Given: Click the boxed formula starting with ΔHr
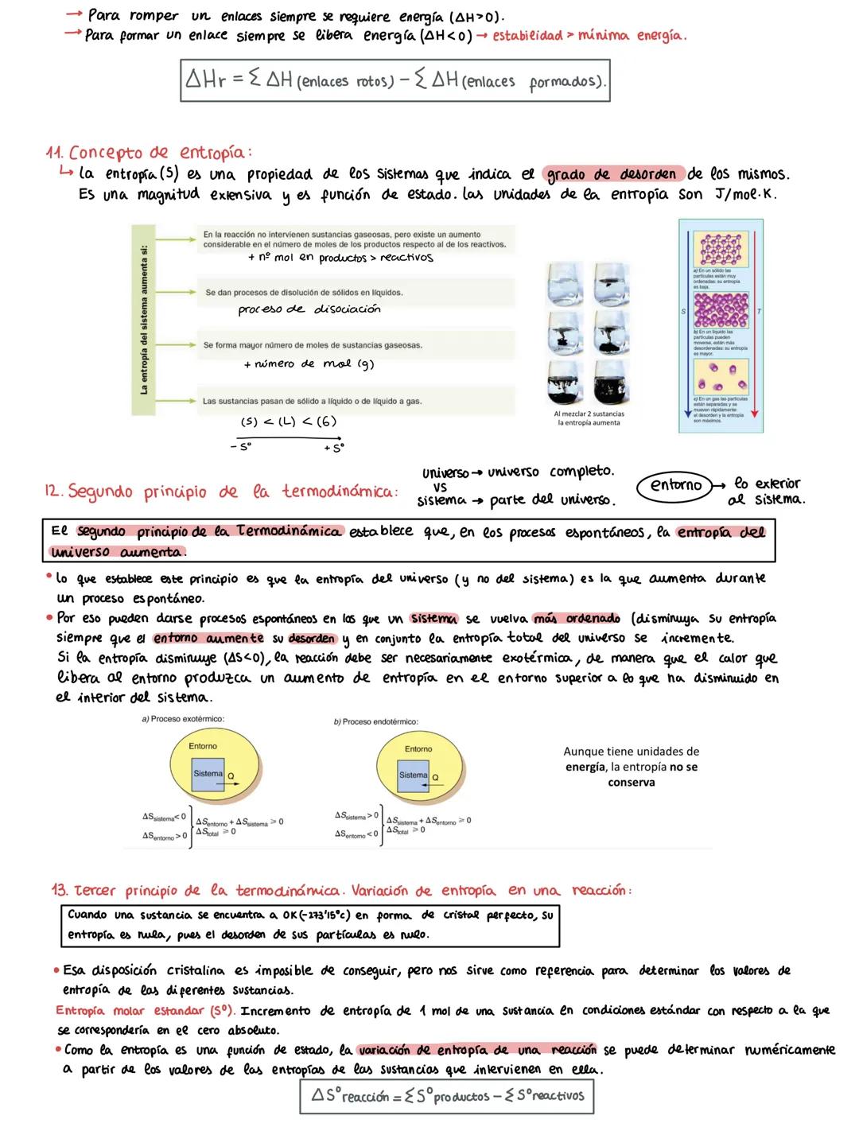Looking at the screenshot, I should [x=395, y=81].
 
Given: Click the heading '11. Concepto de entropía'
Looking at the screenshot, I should [x=149, y=152].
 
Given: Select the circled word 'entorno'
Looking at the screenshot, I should [x=675, y=485].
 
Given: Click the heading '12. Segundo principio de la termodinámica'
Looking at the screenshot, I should [x=220, y=492].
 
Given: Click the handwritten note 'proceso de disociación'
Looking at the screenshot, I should [x=309, y=309].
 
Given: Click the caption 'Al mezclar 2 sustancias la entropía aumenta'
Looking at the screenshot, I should [x=589, y=418].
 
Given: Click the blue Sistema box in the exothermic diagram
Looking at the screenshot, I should [x=208, y=774].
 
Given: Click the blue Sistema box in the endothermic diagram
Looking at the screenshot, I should [x=414, y=775].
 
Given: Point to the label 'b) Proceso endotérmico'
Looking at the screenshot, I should [x=375, y=722].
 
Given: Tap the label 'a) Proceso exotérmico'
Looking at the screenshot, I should [x=182, y=719].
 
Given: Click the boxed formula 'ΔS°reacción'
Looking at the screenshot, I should [x=446, y=1096].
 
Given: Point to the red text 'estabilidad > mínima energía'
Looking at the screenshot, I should [x=589, y=36].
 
